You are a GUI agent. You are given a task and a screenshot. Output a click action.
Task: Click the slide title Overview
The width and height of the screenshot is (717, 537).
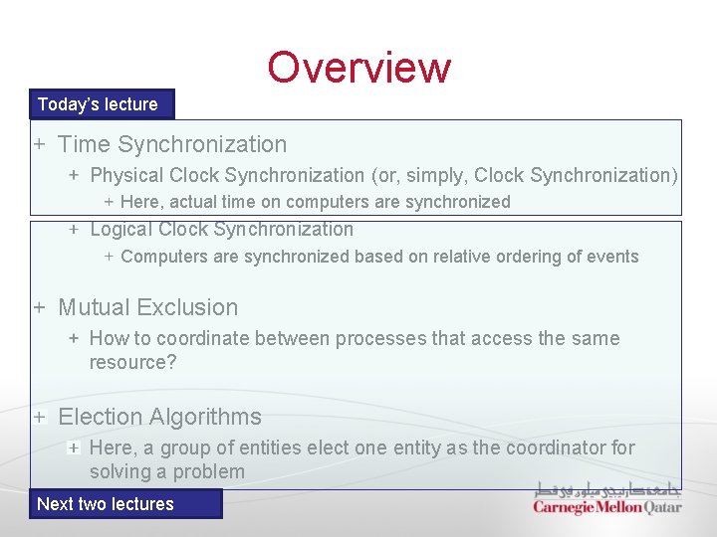point(358,68)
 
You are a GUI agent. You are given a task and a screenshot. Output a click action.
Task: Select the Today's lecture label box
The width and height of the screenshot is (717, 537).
point(98,104)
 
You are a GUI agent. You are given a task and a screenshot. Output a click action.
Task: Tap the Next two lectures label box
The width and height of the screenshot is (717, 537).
point(106,504)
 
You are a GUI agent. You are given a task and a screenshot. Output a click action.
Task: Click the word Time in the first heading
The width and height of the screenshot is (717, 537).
point(84,144)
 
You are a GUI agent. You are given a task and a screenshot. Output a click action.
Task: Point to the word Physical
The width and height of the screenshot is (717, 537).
point(126,175)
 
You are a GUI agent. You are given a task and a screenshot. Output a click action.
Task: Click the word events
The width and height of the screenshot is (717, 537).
point(611,257)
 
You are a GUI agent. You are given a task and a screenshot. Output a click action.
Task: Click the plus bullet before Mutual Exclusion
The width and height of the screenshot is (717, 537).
point(39,307)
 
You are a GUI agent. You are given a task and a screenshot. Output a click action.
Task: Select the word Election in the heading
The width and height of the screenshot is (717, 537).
point(100,417)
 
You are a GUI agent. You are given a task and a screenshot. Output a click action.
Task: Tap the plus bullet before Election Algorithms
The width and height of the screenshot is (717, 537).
point(39,417)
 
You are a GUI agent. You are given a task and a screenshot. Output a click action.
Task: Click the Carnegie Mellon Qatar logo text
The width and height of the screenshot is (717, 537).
point(607,506)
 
